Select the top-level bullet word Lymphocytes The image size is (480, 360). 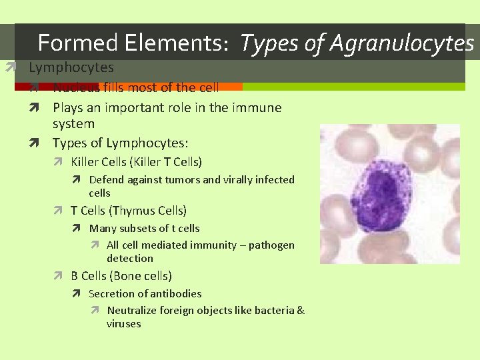tap(71, 67)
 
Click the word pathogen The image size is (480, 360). tap(271, 245)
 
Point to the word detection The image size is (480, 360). tap(129, 258)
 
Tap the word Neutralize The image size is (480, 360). tap(135, 310)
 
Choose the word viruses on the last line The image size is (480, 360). tap(124, 323)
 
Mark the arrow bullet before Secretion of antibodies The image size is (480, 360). tap(77, 293)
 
